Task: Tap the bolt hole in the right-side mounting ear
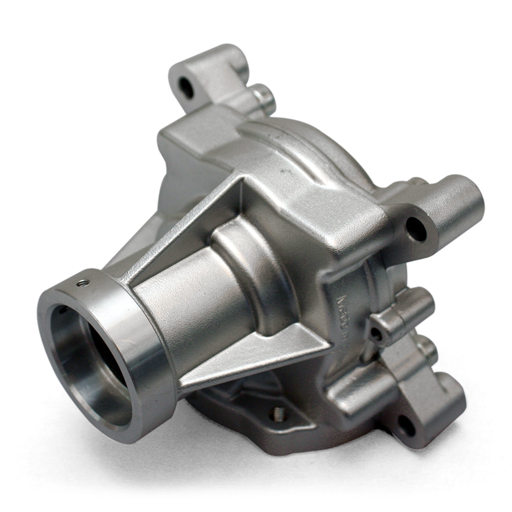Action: [416, 229]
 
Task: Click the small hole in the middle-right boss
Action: [376, 333]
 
